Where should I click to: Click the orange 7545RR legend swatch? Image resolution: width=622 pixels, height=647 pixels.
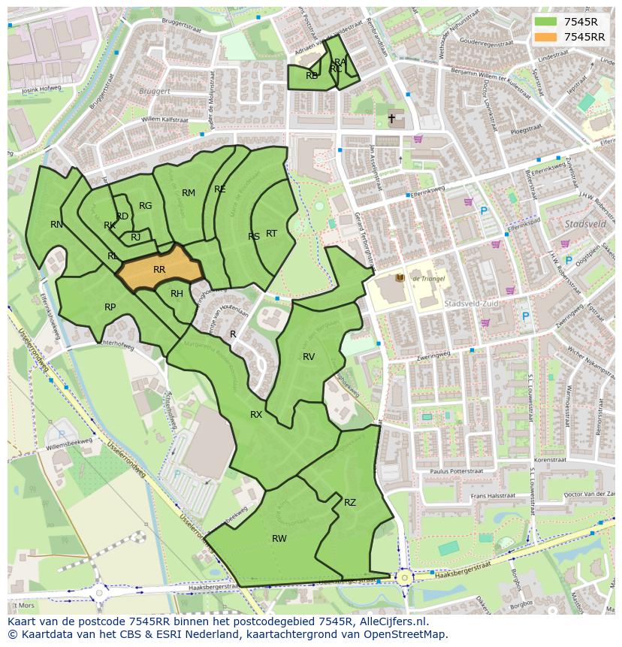(x=545, y=37)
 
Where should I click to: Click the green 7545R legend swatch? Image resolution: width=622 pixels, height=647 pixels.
(x=545, y=22)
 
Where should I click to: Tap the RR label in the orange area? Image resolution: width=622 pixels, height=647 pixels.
(x=159, y=269)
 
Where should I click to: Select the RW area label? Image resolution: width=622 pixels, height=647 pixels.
(x=279, y=538)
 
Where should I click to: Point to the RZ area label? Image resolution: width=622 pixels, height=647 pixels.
(x=350, y=502)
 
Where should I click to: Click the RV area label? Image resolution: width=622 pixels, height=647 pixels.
(x=309, y=356)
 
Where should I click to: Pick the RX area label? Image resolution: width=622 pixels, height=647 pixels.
(x=256, y=414)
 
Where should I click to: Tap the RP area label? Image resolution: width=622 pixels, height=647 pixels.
(x=110, y=307)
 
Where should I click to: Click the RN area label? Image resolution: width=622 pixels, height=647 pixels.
(x=57, y=224)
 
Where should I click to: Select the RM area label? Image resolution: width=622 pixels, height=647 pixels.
(x=189, y=193)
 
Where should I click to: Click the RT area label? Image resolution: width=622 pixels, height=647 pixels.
(x=271, y=234)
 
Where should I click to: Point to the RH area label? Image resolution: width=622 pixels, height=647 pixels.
(x=177, y=294)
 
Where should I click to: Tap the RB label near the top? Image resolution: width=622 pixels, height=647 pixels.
(x=312, y=75)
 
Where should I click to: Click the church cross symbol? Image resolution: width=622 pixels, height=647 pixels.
(x=391, y=119)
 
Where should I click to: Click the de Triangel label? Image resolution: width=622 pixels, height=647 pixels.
(x=427, y=278)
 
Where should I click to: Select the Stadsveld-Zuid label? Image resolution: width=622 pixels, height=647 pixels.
(x=468, y=304)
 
